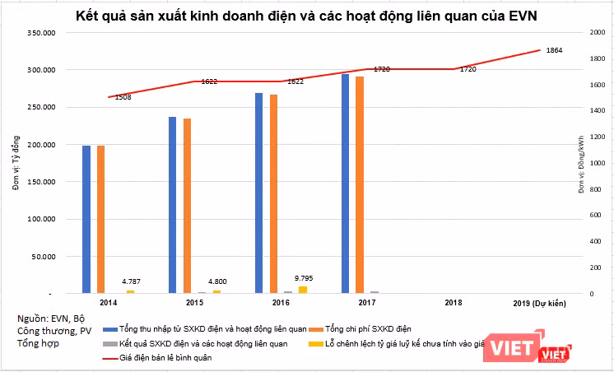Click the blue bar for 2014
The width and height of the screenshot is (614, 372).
point(86,219)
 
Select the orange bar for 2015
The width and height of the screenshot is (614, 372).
point(188,206)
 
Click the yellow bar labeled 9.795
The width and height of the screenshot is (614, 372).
point(303,289)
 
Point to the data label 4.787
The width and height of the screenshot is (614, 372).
point(130,281)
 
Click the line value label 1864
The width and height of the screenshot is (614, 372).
point(554,51)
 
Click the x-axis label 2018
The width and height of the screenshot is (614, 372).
point(453,304)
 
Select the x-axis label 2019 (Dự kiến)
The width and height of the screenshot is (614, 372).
point(540,304)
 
